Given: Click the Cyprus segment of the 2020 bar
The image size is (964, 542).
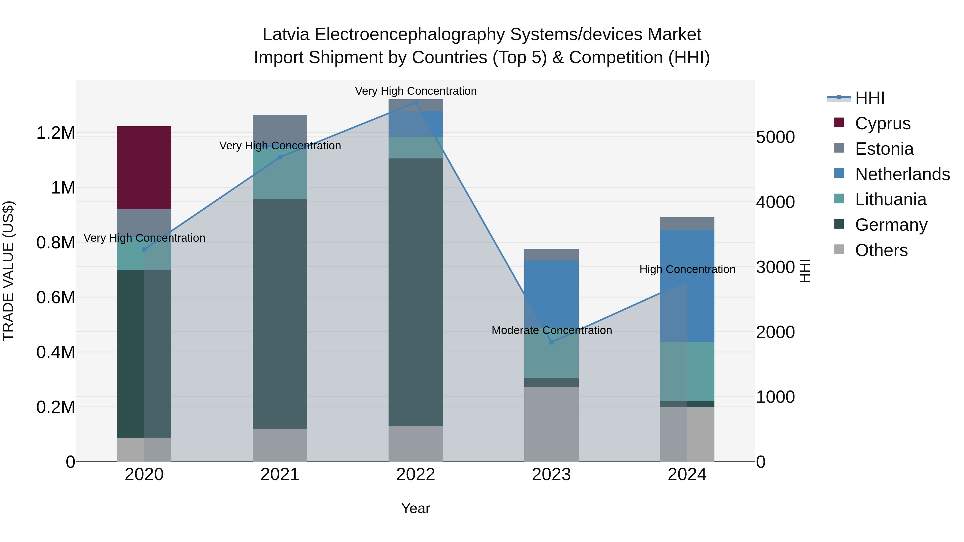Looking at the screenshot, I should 144,168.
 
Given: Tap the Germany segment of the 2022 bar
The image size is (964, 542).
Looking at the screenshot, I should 415,292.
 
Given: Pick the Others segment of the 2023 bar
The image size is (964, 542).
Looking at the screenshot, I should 551,424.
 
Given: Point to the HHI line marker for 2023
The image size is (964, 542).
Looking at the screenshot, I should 551,342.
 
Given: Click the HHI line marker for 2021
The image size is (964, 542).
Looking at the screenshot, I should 280,157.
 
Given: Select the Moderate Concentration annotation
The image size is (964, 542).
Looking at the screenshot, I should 552,330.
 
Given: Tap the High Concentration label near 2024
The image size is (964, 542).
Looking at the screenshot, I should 687,269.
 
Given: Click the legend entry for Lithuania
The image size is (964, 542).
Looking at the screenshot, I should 891,199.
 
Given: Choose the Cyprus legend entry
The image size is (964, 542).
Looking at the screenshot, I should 882,123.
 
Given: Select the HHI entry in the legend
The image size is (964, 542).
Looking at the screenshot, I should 870,98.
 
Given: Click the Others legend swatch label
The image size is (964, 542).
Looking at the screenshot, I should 881,250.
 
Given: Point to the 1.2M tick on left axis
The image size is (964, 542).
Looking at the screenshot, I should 55,133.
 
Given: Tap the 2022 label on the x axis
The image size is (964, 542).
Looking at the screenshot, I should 415,475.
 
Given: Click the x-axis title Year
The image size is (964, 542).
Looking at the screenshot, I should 415,508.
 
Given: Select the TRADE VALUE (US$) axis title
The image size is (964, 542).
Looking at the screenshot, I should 8,271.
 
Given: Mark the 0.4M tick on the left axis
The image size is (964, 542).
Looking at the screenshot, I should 55,352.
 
